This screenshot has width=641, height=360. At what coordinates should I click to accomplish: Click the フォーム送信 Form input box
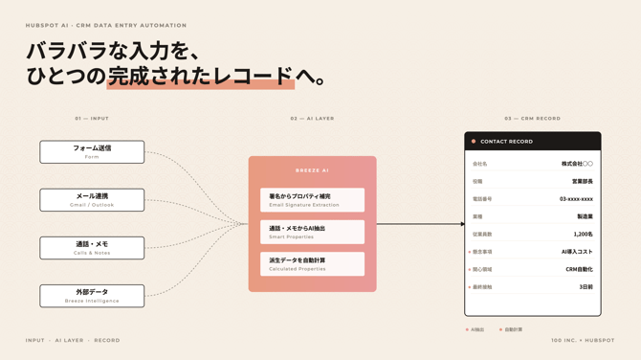click(x=92, y=151)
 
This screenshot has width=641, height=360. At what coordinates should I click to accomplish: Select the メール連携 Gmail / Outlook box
click(x=92, y=199)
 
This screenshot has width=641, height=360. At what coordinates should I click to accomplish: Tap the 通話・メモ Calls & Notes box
click(x=92, y=247)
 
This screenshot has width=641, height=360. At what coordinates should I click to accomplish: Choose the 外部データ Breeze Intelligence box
click(x=92, y=295)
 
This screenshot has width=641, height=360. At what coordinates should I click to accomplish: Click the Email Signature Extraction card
click(x=312, y=200)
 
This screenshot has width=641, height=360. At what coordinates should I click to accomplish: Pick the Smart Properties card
click(x=312, y=232)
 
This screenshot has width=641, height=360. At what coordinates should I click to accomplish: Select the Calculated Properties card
click(x=312, y=263)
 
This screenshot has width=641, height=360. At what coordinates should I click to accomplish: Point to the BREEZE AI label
click(x=312, y=170)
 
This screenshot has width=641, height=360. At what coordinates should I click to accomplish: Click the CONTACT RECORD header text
click(x=507, y=142)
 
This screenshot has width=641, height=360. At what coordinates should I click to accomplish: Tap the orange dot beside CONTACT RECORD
click(x=474, y=142)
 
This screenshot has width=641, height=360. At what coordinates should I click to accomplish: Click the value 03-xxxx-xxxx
click(x=576, y=199)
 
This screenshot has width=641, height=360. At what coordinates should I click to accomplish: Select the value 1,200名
click(x=583, y=235)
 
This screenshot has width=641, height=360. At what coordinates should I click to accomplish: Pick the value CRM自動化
click(x=579, y=270)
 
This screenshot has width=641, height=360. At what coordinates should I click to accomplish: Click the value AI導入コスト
click(x=577, y=252)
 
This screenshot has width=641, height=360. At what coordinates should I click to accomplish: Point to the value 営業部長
click(x=582, y=182)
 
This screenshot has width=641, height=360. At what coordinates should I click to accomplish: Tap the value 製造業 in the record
click(x=585, y=217)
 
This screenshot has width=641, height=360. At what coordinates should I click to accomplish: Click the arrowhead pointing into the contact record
click(x=462, y=224)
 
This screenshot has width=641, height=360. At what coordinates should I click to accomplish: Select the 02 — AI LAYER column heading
click(x=312, y=119)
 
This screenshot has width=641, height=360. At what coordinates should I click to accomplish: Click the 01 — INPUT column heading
click(x=92, y=119)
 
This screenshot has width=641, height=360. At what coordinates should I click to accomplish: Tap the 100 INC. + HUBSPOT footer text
click(x=583, y=340)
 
